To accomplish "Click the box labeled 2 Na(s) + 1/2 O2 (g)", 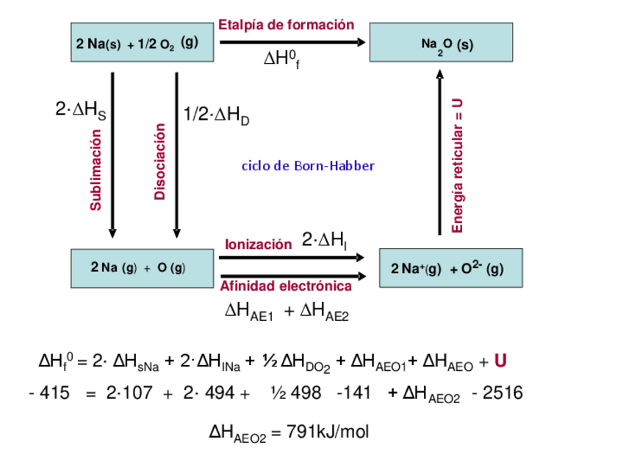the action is (x=137, y=43).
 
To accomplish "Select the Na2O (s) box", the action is (x=441, y=43).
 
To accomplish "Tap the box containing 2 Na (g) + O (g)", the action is (x=138, y=268).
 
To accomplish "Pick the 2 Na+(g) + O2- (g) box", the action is (x=450, y=268).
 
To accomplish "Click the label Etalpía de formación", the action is (x=286, y=25).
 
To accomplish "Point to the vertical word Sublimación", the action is (x=96, y=170).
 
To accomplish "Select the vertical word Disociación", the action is (x=160, y=162).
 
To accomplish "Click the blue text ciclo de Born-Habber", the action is (x=308, y=166).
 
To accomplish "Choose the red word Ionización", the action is (x=258, y=245).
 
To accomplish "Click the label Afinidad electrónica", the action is (x=286, y=286).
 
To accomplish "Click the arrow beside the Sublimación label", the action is (x=112, y=154).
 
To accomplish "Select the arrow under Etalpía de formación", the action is (x=292, y=43).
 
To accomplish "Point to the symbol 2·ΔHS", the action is (x=80, y=111).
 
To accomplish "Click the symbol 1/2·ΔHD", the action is (x=216, y=116).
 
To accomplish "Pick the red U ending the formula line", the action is (x=500, y=361).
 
